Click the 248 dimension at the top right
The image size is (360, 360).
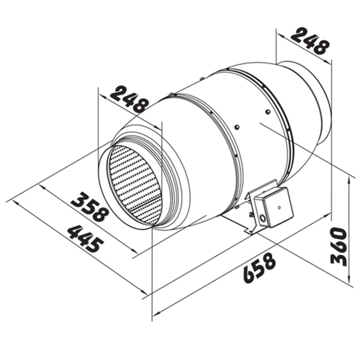[309, 41]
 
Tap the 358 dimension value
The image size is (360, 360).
[90, 207]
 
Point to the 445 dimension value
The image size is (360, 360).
[85, 238]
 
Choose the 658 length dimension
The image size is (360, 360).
[259, 268]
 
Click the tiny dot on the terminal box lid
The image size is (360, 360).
[279, 207]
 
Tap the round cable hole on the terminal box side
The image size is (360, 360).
[262, 218]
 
